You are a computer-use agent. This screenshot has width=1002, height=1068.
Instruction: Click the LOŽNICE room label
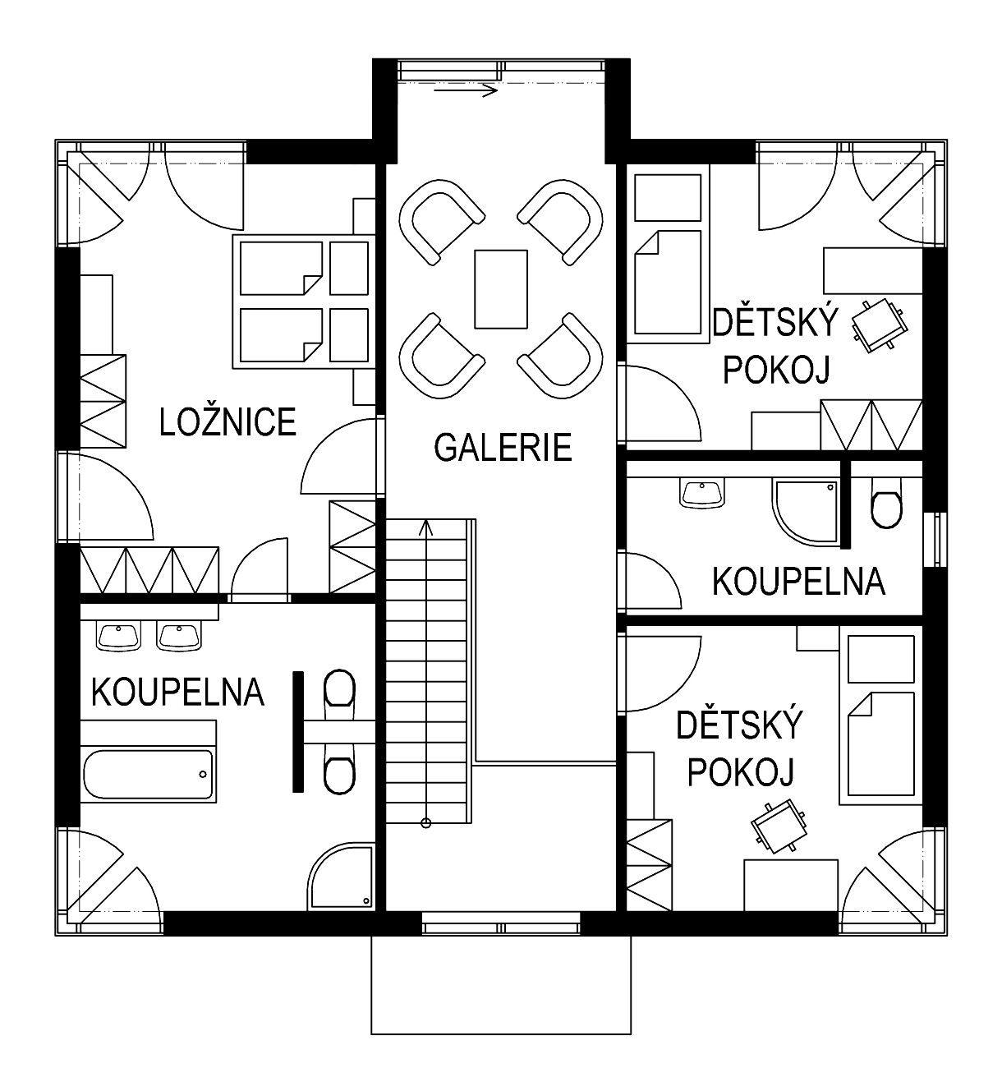228,421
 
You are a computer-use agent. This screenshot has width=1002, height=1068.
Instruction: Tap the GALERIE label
503,448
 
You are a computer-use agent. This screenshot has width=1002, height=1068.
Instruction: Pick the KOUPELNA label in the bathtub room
177,692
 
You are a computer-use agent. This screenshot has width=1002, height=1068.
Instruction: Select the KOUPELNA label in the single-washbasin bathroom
798,582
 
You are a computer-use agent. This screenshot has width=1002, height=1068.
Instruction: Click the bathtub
149,775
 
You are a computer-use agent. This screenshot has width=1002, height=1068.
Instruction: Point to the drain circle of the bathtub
203,775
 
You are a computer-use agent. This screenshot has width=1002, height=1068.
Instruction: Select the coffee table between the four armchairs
500,289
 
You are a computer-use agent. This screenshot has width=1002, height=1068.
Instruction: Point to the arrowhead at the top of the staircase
426,527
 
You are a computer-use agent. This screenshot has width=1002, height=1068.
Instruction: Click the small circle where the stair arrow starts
426,823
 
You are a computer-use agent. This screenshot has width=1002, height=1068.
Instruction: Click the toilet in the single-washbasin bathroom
886,503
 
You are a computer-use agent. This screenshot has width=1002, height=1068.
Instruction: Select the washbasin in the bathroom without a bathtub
702,494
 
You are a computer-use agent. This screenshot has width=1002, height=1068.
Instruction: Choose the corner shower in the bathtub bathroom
342,877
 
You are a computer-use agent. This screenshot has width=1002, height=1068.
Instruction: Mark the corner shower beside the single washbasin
806,511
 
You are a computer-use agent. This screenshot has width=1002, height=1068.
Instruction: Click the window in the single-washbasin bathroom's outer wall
935,539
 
